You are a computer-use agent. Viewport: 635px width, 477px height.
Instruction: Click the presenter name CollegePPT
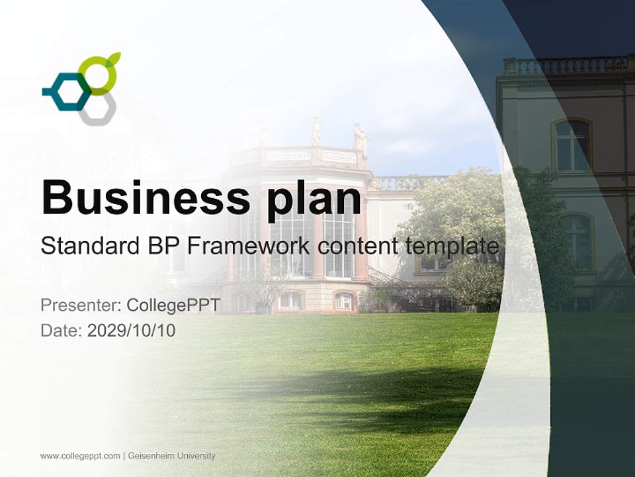point(173,305)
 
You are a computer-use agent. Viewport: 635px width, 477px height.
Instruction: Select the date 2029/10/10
point(131,330)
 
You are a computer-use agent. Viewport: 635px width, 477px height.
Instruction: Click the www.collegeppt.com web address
point(80,456)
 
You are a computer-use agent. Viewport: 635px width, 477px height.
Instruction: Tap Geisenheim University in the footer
point(171,456)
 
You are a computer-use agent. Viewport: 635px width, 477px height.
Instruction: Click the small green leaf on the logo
point(114,58)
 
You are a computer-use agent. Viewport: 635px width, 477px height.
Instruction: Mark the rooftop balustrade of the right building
point(566,65)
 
